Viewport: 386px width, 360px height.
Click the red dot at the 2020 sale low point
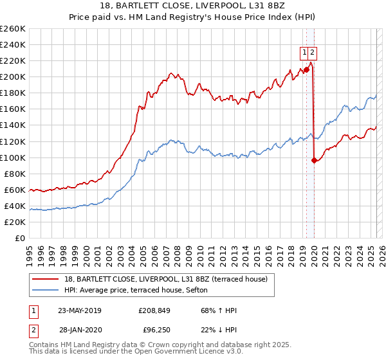pos(314,161)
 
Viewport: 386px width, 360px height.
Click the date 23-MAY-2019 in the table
pos(80,310)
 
